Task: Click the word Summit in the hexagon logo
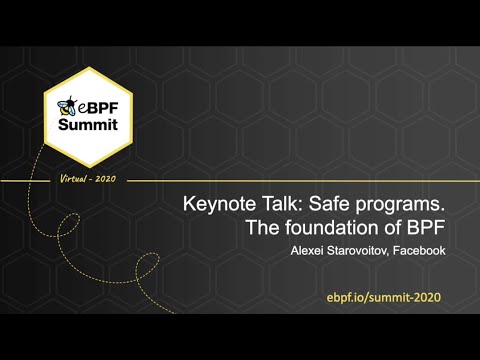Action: click(x=88, y=125)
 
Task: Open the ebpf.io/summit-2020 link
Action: click(x=383, y=299)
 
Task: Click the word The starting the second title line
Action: click(x=263, y=228)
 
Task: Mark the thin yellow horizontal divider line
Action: click(x=300, y=181)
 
